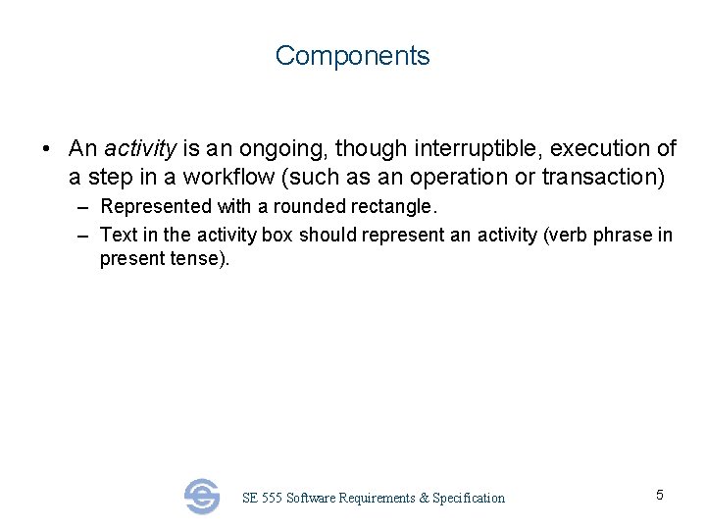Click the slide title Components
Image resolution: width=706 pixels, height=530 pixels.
352,56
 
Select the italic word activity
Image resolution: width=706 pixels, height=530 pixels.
140,149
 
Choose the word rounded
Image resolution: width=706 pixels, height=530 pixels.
303,207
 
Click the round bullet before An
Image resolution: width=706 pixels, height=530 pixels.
46,150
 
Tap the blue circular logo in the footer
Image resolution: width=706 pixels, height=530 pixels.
202,497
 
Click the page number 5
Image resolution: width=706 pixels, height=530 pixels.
659,495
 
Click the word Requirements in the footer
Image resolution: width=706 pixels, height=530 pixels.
376,499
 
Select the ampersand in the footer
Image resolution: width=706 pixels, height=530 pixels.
424,499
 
